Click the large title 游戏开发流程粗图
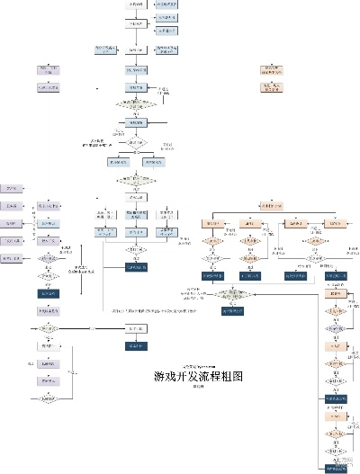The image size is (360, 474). [x=198, y=376]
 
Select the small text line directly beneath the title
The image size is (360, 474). [x=199, y=387]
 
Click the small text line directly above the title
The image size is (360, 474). [x=199, y=366]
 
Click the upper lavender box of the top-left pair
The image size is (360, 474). [x=48, y=69]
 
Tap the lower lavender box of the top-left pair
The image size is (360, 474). [x=48, y=87]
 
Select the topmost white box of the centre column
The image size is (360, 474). [x=135, y=4]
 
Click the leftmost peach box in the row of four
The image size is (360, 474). [x=213, y=223]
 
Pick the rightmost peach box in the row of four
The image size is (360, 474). [x=335, y=223]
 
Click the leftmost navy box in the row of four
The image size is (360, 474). [x=213, y=275]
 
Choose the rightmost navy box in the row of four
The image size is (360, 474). [x=335, y=275]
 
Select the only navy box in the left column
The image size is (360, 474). [x=48, y=293]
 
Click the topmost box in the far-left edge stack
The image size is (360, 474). [x=11, y=188]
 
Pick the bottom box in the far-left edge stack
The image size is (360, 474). [x=11, y=258]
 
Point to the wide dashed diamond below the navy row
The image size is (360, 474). [x=231, y=293]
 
